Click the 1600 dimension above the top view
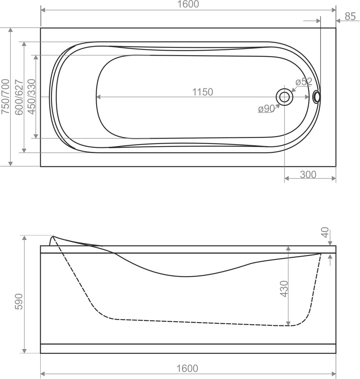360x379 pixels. pyautogui.click(x=188, y=4)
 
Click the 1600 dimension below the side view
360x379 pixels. pyautogui.click(x=187, y=368)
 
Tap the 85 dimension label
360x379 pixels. pyautogui.click(x=350, y=16)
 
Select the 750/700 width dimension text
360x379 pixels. pyautogui.click(x=5, y=96)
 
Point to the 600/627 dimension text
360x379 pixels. pyautogui.click(x=19, y=97)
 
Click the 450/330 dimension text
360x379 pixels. pyautogui.click(x=32, y=96)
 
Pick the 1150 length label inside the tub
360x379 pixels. pyautogui.click(x=202, y=92)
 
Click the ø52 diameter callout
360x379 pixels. pyautogui.click(x=304, y=82)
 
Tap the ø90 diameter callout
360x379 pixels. pyautogui.click(x=266, y=108)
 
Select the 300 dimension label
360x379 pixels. pyautogui.click(x=308, y=174)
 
